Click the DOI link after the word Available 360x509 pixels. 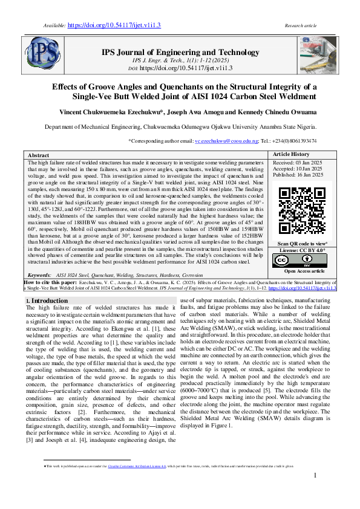click(x=105, y=26)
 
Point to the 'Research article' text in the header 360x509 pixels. click(x=301, y=26)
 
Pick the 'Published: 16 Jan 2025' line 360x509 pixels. click(x=298, y=175)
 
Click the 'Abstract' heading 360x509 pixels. click(x=39, y=155)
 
